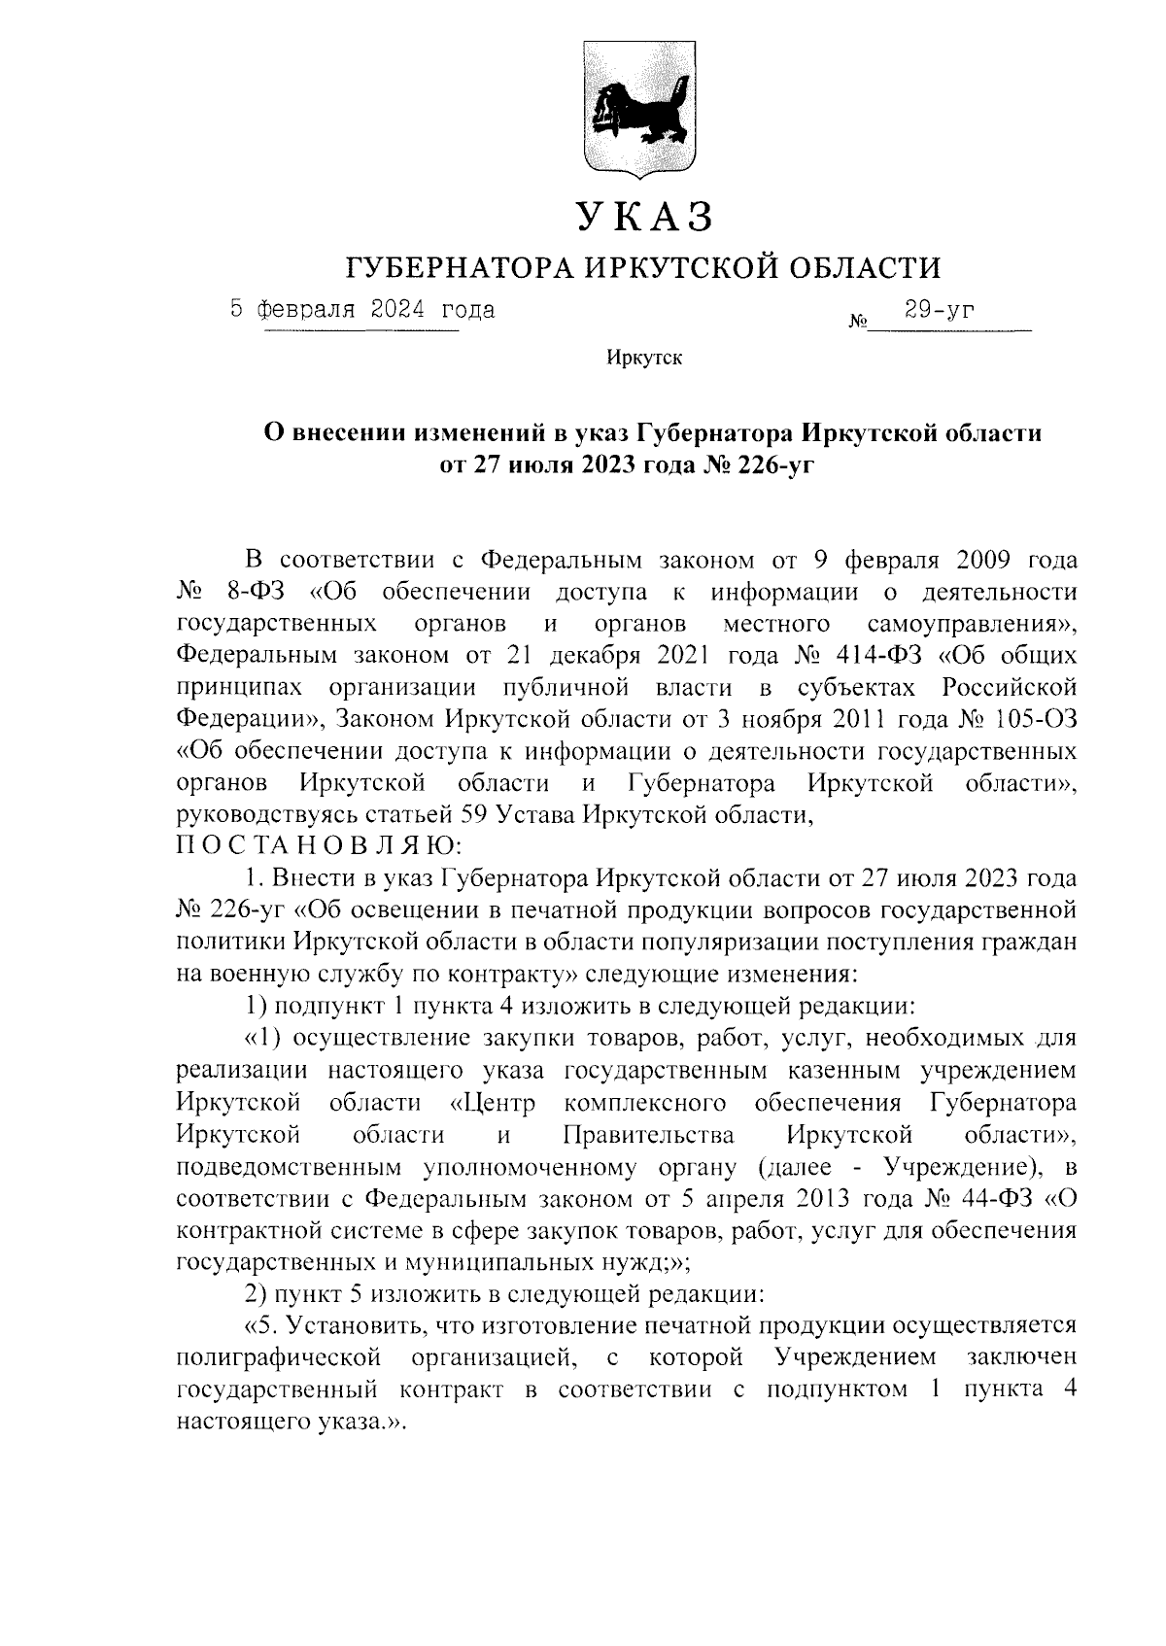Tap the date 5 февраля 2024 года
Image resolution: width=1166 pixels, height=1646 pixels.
362,310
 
